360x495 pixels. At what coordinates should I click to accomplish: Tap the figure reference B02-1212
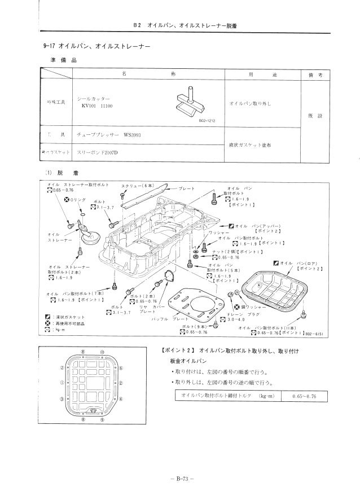click(x=208, y=120)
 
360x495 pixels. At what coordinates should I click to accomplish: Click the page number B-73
click(x=179, y=479)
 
